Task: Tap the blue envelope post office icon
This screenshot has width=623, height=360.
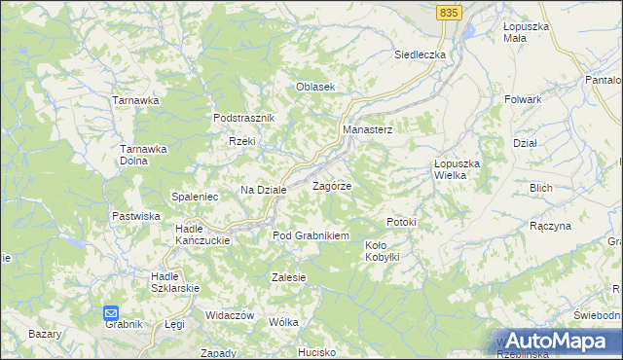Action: pyautogui.click(x=111, y=313)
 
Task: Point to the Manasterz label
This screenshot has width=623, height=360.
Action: pyautogui.click(x=367, y=129)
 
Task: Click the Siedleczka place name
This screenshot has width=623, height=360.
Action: pyautogui.click(x=420, y=54)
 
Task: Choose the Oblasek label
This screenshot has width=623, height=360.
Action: pyautogui.click(x=315, y=87)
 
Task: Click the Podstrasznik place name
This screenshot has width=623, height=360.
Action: pyautogui.click(x=245, y=118)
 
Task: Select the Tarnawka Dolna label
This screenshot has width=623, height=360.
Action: pyautogui.click(x=144, y=155)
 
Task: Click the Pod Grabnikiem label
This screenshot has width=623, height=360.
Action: pyautogui.click(x=311, y=235)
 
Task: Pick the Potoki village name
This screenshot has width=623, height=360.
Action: pyautogui.click(x=401, y=222)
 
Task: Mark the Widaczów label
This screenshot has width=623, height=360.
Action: pyautogui.click(x=230, y=316)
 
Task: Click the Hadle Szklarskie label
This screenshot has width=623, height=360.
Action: pyautogui.click(x=175, y=281)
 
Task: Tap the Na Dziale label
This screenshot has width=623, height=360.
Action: pyautogui.click(x=264, y=190)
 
